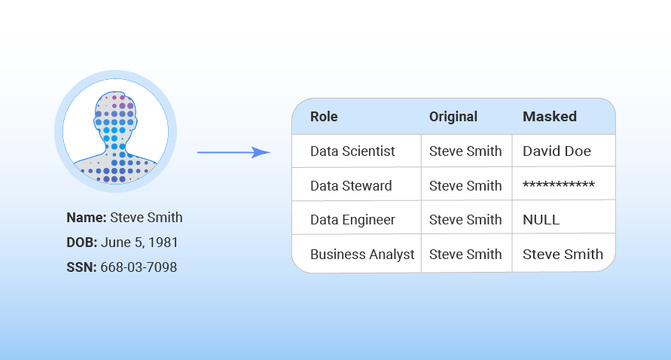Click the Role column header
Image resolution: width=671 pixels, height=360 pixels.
pos(324,117)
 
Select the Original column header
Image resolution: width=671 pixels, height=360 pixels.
pos(453,117)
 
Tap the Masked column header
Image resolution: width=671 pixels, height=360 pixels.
pos(550,117)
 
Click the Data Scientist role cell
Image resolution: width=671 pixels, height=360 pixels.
pos(352,151)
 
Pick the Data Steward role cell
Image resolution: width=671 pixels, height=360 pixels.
pos(351,186)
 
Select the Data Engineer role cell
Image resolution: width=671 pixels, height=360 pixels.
pos(352,220)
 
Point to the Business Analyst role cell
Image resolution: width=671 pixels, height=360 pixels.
pos(362,255)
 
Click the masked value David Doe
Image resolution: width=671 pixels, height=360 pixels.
pos(557,151)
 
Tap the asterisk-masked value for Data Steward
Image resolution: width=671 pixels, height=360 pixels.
pos(559,185)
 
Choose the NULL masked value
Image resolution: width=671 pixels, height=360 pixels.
pos(541,220)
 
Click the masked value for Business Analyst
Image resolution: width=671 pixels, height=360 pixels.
pos(563,255)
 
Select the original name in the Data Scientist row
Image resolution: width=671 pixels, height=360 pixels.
pos(465,151)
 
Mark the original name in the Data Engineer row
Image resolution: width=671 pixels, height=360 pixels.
pos(465,220)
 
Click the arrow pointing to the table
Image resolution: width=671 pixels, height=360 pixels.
pos(233,152)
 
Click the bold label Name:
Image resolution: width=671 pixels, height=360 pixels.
pos(87,218)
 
